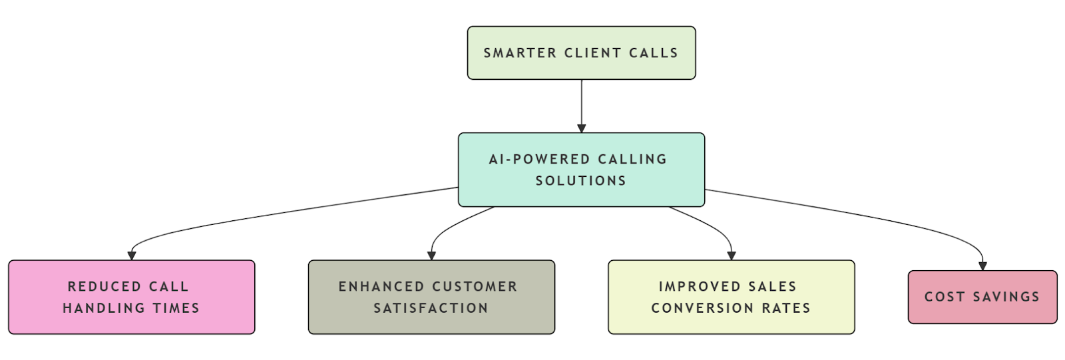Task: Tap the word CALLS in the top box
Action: point(654,53)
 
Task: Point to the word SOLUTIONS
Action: point(581,181)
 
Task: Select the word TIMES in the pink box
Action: point(176,308)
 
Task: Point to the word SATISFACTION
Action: point(431,308)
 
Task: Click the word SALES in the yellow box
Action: point(772,287)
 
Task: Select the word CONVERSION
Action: point(702,308)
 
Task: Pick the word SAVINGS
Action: point(1006,297)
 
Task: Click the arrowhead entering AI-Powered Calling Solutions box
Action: point(581,128)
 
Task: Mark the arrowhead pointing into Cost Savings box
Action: point(982,266)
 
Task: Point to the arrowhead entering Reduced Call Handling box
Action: point(132,256)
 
